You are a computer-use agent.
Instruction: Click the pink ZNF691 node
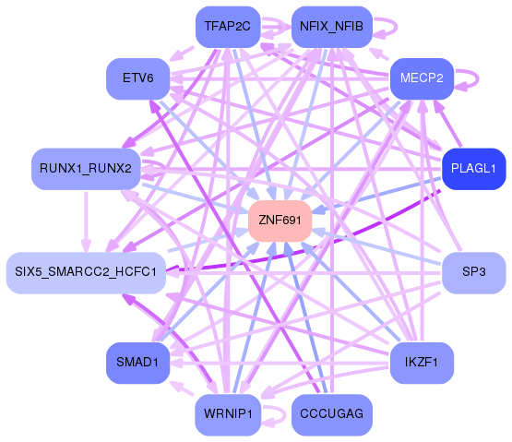(280, 221)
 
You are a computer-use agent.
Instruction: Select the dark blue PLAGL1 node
(473, 169)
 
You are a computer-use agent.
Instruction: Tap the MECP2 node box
(422, 78)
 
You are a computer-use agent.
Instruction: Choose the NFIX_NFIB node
(332, 27)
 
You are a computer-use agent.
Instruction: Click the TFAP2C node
(228, 27)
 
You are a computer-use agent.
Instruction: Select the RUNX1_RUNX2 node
(85, 169)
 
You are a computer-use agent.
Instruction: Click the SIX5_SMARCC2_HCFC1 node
(85, 272)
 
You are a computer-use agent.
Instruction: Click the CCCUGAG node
(332, 414)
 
